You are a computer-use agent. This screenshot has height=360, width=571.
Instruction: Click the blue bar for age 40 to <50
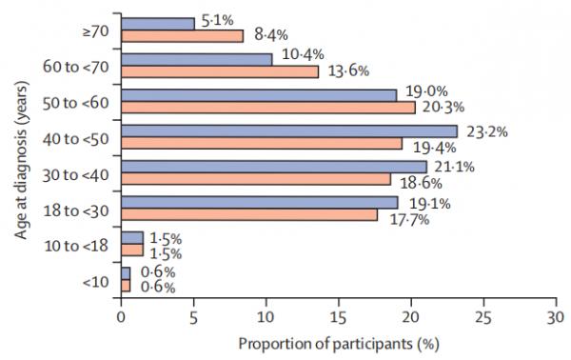tap(289, 130)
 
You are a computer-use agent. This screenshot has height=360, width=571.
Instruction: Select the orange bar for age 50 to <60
tap(268, 107)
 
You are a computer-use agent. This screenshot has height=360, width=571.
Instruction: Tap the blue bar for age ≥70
tap(158, 23)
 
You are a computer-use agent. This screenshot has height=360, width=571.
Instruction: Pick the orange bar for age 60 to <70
tap(220, 71)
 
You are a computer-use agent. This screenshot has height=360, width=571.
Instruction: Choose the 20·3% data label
tap(444, 107)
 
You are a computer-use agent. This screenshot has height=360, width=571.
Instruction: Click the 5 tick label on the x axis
tap(193, 314)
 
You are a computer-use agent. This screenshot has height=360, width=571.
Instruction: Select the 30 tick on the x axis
tap(555, 314)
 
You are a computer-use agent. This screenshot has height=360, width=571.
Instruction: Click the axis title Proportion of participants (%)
tap(337, 341)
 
